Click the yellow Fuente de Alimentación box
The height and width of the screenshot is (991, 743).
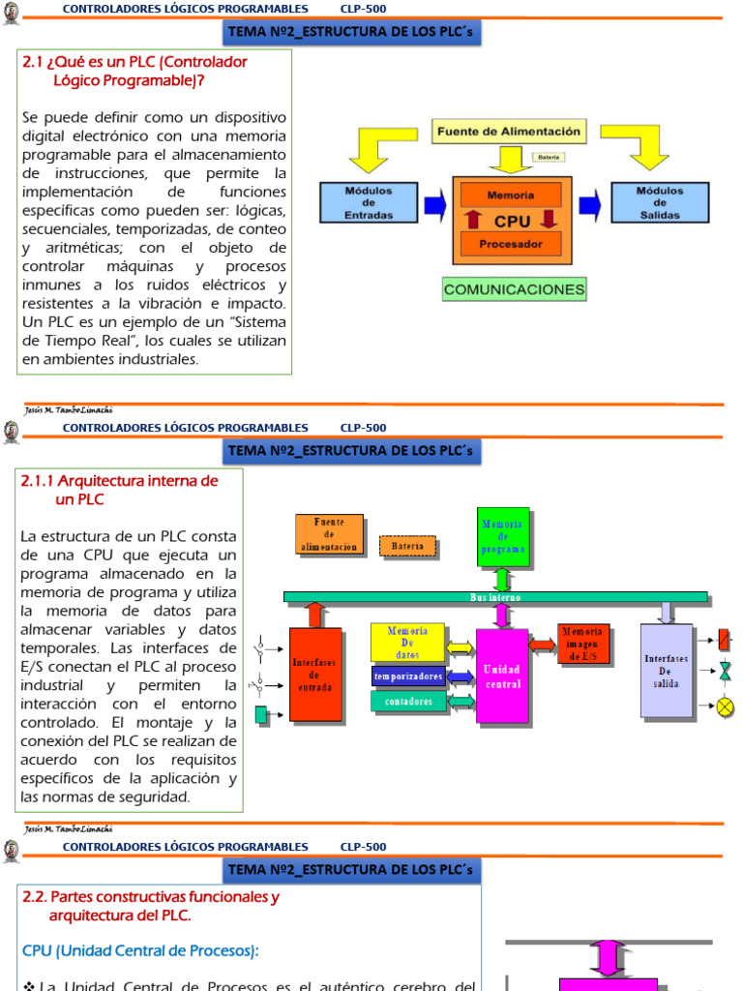coord(509,131)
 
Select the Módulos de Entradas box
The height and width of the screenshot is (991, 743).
coord(369,203)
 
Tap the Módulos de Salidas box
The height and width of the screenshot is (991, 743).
coord(659,203)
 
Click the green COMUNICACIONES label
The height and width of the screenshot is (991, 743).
coord(514,289)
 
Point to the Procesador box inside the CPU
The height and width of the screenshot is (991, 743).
coord(510,245)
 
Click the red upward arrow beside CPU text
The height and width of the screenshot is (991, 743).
coord(473,220)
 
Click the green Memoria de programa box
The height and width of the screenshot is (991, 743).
coord(503,536)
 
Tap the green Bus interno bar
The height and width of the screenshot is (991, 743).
coord(495,597)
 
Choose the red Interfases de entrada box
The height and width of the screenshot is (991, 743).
coord(315,674)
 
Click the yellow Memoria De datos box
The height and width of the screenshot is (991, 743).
coord(407,643)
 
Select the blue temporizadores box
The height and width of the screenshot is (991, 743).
coord(407,676)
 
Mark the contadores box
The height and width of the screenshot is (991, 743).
coord(407,701)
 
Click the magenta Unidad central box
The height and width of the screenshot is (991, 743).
coord(502,676)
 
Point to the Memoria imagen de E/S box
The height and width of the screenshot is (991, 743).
coord(583,645)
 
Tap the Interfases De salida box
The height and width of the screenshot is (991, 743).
coord(667,671)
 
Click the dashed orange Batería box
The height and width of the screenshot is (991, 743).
coord(407,547)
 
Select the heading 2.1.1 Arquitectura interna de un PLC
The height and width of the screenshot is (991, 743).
coord(119,490)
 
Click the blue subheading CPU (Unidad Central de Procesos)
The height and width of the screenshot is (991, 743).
coord(140,951)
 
